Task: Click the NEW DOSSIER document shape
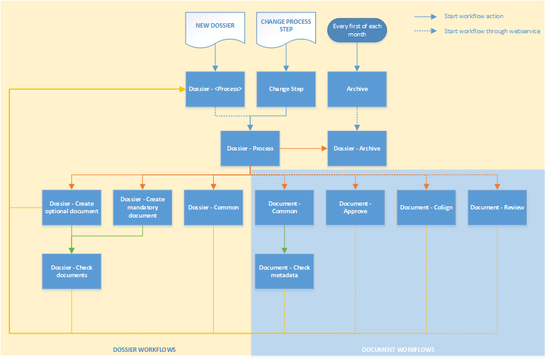tap(215, 29)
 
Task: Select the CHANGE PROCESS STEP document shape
tap(286, 29)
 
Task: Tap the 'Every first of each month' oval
tap(357, 30)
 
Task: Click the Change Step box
tap(286, 89)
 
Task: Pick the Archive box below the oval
tap(357, 89)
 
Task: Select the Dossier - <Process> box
tap(215, 89)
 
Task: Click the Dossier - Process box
tap(250, 148)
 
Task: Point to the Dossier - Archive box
tap(357, 148)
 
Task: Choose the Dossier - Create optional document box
tap(71, 207)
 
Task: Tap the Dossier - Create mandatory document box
tap(142, 207)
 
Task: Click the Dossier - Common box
tap(213, 207)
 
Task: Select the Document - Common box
tap(284, 207)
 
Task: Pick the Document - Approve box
tap(355, 207)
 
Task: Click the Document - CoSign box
tap(426, 207)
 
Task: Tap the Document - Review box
tap(497, 207)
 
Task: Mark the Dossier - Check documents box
tap(71, 271)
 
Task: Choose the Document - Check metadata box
tap(284, 271)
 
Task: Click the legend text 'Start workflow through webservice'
tap(492, 31)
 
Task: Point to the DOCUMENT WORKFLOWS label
tap(398, 349)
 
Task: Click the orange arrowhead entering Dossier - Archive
tap(325, 148)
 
